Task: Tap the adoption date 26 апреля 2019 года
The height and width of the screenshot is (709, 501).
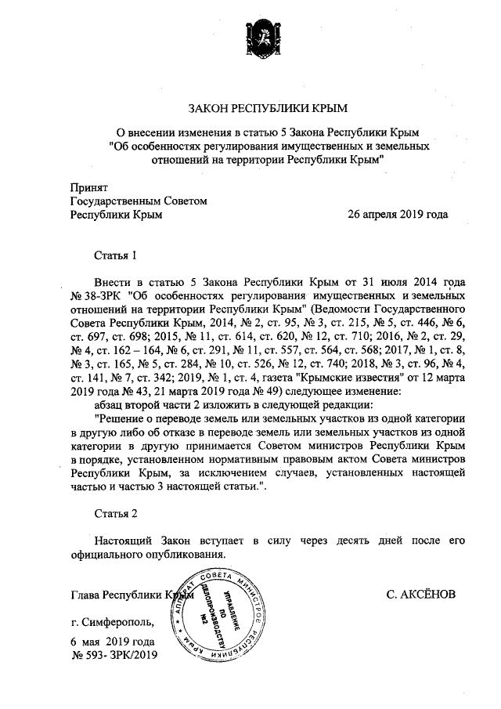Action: [398, 213]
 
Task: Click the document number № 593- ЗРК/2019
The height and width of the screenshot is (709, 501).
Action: [114, 655]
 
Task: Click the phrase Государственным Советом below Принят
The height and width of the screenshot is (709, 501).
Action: [139, 201]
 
